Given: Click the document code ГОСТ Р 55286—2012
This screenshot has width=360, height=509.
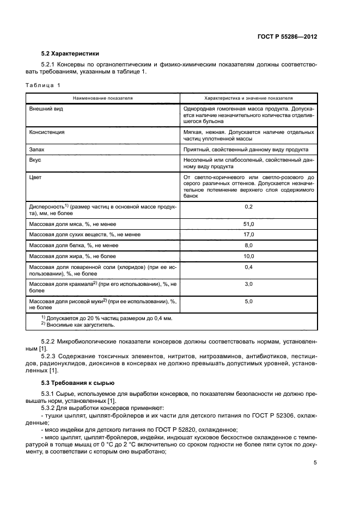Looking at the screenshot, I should pos(287,36).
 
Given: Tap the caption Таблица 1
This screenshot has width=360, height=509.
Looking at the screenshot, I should pos(44,85).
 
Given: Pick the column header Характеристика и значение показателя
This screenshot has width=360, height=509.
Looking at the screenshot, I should pos(248,98).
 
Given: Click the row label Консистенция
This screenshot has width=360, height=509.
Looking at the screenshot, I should pos(47,132).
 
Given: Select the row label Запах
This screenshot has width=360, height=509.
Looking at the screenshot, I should pos(36,149).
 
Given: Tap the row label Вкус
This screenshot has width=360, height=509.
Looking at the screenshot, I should pos(35,160).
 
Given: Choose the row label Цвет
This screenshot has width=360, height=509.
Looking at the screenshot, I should pos(35,177).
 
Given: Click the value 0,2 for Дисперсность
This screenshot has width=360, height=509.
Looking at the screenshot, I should pos(248,207).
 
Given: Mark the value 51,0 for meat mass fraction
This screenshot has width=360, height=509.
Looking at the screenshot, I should pos(248,224).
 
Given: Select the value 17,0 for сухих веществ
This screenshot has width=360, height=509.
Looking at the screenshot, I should pos(248,235).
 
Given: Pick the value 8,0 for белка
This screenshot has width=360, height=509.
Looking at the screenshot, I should pos(248,246).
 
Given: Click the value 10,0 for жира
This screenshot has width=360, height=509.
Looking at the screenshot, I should pos(248,256).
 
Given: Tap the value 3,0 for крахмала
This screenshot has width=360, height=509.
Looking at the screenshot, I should pos(248,284).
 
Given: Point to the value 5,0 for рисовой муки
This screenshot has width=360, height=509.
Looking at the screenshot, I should pos(248,301).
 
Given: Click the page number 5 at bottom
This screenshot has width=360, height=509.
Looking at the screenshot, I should pos(315,463).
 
